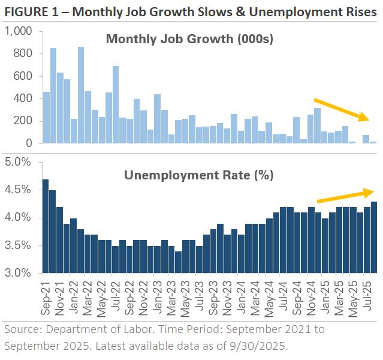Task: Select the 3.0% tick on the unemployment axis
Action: click(x=21, y=273)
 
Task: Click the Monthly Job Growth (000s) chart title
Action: click(x=189, y=40)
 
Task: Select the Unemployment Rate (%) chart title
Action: click(x=198, y=175)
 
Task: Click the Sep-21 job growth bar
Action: click(x=46, y=118)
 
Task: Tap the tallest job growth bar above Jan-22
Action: click(x=81, y=95)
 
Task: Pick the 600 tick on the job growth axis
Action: click(x=23, y=76)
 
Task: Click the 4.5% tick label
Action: click(x=21, y=190)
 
